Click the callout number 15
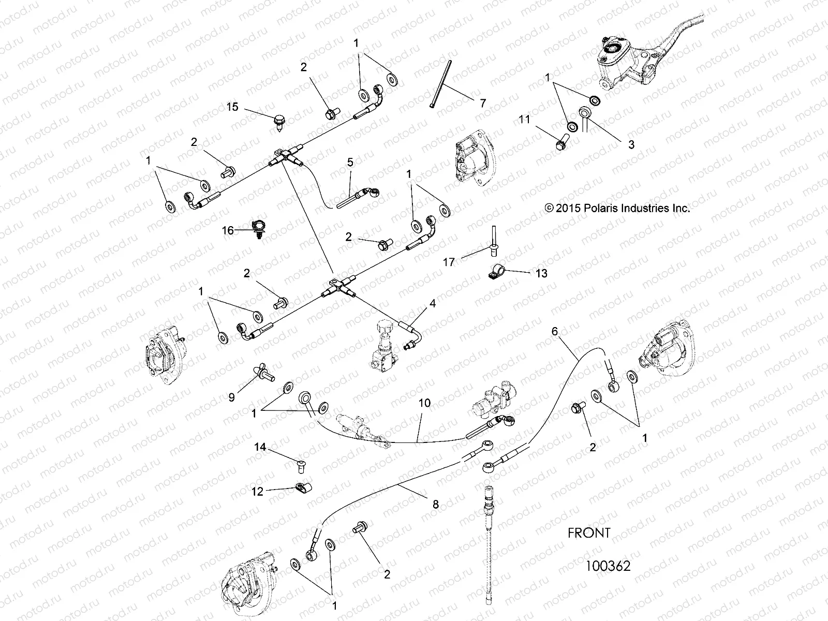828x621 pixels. (x=232, y=107)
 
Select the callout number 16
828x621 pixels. (x=228, y=231)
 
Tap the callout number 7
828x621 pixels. (x=482, y=103)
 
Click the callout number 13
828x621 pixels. (x=541, y=273)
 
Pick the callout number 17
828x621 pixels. (x=449, y=262)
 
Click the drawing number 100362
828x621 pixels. (x=608, y=566)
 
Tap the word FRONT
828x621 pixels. (x=589, y=533)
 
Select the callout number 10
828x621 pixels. (x=424, y=403)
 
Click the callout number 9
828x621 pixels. (x=231, y=397)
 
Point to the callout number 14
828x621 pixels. (x=260, y=447)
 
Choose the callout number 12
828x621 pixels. (x=257, y=492)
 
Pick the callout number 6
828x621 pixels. (x=555, y=332)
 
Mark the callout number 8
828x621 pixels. (x=436, y=504)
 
